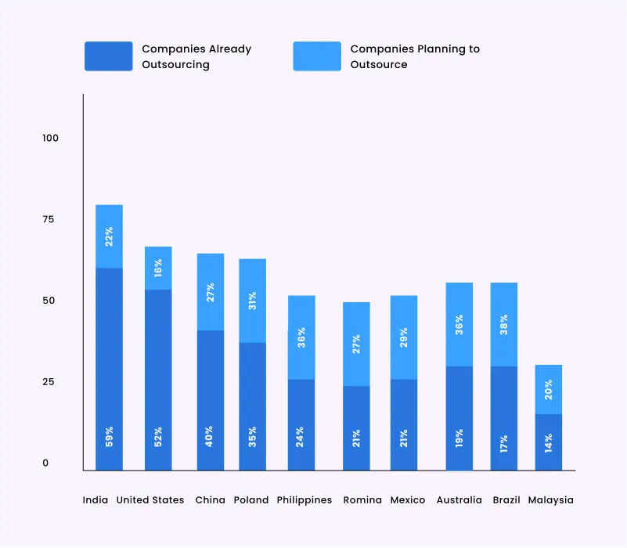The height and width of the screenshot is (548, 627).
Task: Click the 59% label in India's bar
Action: point(110,436)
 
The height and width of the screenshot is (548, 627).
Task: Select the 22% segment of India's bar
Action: point(110,236)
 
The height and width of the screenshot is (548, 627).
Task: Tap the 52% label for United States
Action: point(158,436)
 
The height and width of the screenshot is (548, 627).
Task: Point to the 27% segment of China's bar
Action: point(210,292)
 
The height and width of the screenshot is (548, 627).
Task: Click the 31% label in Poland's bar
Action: point(252,301)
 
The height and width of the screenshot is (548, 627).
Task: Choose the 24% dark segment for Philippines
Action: point(301,424)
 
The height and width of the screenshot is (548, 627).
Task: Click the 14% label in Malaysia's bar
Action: point(548,442)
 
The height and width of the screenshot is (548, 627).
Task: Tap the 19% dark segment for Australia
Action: point(459,418)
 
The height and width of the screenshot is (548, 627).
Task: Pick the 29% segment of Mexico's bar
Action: point(404,337)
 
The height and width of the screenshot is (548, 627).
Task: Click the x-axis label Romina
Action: point(362,500)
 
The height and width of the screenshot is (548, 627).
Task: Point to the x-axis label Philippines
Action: point(304,500)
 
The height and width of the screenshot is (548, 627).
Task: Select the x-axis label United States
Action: point(150,500)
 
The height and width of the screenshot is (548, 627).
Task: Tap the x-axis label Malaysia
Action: point(550,500)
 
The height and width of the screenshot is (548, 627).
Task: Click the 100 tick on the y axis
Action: point(51,138)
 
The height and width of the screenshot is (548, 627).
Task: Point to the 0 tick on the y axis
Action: point(45,463)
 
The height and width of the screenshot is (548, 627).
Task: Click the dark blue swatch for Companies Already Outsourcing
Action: point(108,56)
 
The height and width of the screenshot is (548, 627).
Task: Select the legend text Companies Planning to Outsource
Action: point(415,56)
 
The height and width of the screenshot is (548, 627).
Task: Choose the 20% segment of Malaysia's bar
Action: point(548,389)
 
